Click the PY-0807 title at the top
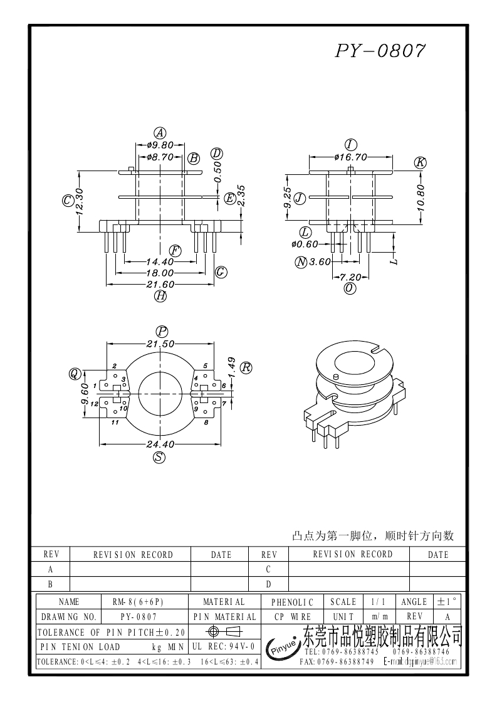(380, 51)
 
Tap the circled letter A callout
(160, 133)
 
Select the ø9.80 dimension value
(160, 145)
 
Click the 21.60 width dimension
(160, 285)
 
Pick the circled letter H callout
(160, 297)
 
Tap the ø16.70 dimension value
(350, 157)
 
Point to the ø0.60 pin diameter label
(305, 244)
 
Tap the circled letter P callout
(162, 331)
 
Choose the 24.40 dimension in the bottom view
(160, 444)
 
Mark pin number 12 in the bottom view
(94, 404)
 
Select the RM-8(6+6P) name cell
(137, 602)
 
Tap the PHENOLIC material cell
(293, 602)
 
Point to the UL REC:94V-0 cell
(222, 646)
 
